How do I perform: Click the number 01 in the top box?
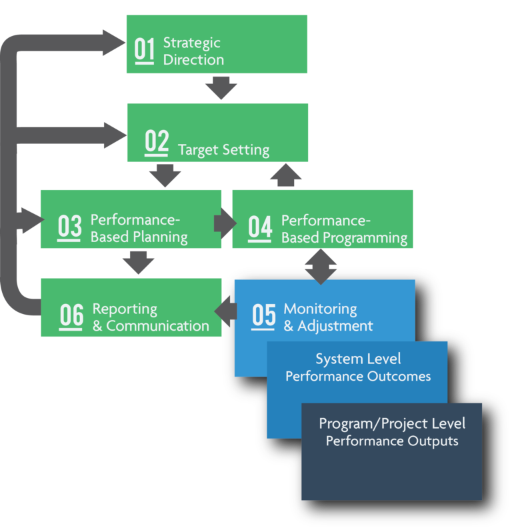(x=144, y=51)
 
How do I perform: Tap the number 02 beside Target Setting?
(x=157, y=143)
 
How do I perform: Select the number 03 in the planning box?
(x=69, y=227)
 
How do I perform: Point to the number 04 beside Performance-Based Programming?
(x=260, y=227)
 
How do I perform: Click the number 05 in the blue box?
(x=263, y=315)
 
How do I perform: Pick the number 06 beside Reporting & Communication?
(x=71, y=316)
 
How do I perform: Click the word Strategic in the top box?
(x=192, y=43)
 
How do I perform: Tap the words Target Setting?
(x=224, y=150)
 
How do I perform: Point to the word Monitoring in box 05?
(x=320, y=309)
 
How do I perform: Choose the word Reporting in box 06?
(x=125, y=309)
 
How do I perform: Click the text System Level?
(x=358, y=359)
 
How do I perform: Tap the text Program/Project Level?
(x=392, y=424)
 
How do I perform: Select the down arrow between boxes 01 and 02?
(x=221, y=87)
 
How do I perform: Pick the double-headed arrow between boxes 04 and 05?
(x=321, y=266)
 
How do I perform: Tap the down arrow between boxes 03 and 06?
(x=139, y=262)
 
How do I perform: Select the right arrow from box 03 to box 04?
(x=224, y=223)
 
